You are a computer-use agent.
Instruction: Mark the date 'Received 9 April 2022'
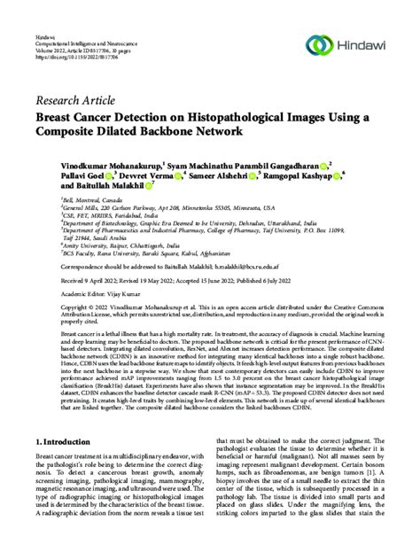[69, 278]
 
